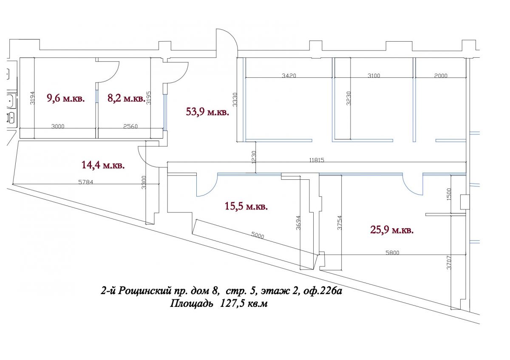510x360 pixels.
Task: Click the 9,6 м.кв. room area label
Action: [x=65, y=98]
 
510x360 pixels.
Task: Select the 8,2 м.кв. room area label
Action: [x=126, y=98]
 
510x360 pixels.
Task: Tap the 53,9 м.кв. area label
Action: [x=207, y=112]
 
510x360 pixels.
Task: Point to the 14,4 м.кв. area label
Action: [x=103, y=165]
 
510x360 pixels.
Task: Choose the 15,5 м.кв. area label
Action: [x=246, y=206]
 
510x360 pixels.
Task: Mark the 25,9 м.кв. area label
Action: [x=392, y=230]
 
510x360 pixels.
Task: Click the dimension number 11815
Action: [x=317, y=160]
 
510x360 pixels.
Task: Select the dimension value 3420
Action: [x=289, y=76]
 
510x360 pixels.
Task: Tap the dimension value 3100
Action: [x=374, y=76]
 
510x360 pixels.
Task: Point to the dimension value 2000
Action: [x=441, y=76]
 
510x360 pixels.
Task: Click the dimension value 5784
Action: [x=85, y=182]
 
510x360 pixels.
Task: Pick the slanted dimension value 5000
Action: [x=258, y=235]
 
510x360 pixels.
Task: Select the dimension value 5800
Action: [x=392, y=252]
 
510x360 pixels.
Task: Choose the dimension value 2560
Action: [x=130, y=126]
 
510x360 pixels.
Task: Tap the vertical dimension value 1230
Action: [x=254, y=157]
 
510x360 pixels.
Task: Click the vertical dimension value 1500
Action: [x=449, y=194]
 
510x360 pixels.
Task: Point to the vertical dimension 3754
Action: [x=340, y=223]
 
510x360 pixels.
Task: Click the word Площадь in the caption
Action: [x=192, y=303]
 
